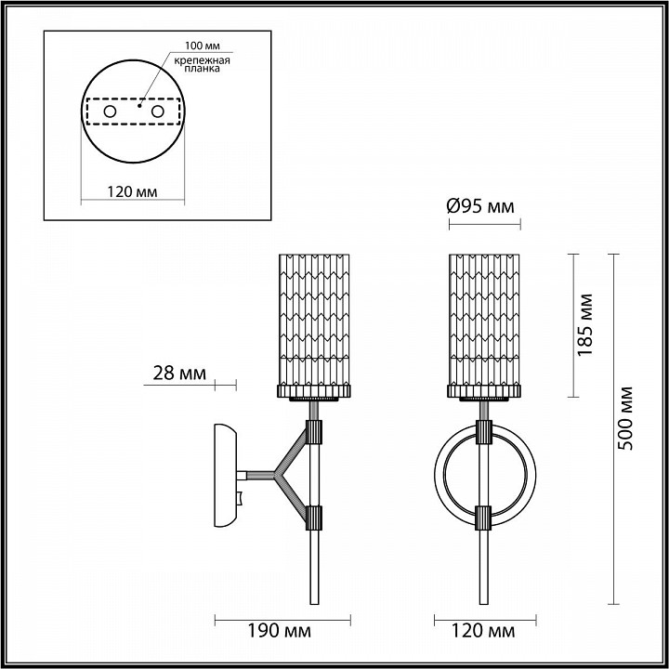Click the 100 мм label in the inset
[x=203, y=46]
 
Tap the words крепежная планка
[x=203, y=64]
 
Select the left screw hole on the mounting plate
[x=110, y=111]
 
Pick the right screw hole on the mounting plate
[x=157, y=111]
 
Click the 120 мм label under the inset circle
[x=132, y=192]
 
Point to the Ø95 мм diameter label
[x=480, y=207]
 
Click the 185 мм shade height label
[x=585, y=324]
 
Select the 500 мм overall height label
[x=625, y=418]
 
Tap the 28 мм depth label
[x=179, y=374]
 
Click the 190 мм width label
[x=280, y=631]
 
